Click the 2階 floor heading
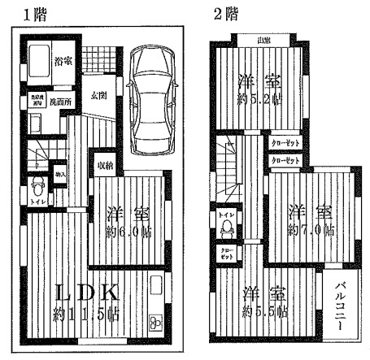click(x=225, y=14)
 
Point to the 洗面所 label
click(x=59, y=102)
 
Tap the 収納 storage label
click(x=105, y=167)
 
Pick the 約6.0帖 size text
click(x=128, y=231)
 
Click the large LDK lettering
click(x=87, y=293)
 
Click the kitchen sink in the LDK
click(x=157, y=287)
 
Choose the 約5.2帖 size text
click(x=259, y=102)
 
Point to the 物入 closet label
click(x=61, y=174)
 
